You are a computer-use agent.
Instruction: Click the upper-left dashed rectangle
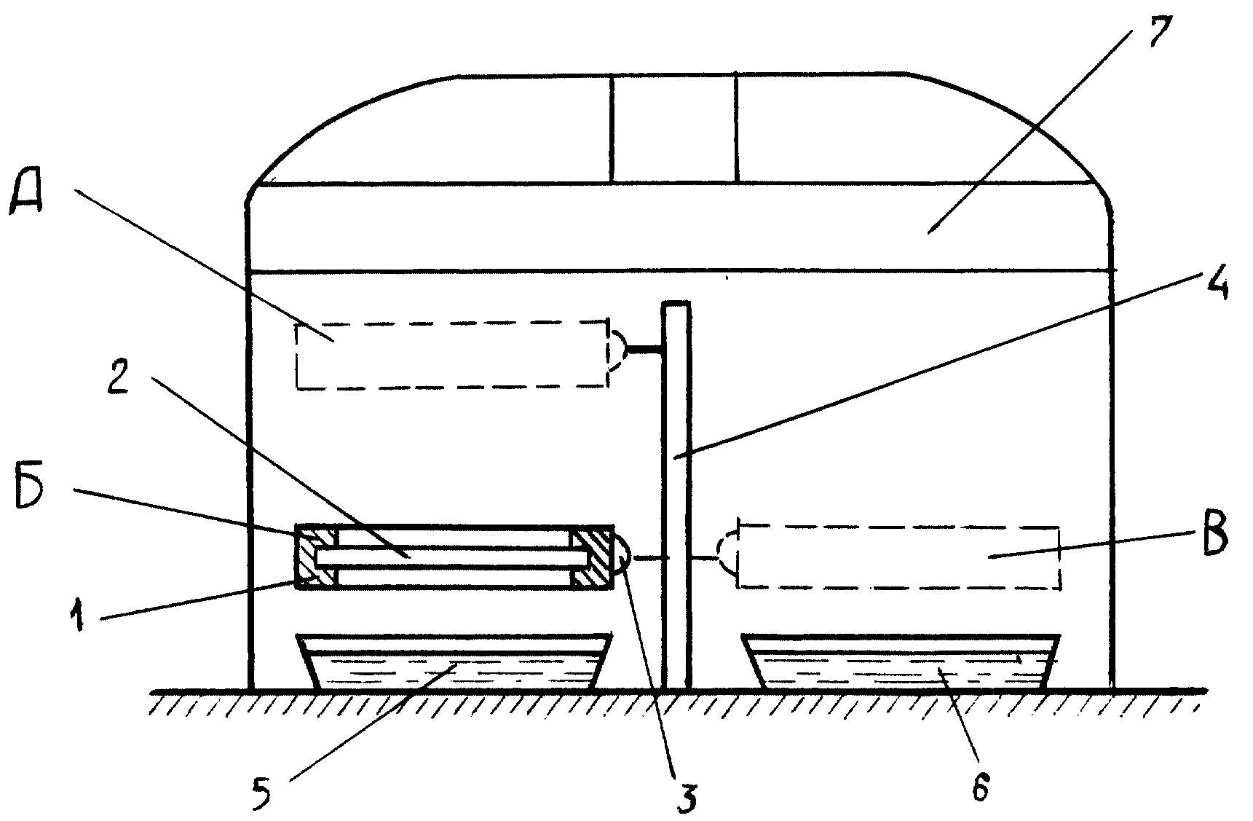point(451,355)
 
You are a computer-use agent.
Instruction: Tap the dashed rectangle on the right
point(898,556)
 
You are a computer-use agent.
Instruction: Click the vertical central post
point(676,495)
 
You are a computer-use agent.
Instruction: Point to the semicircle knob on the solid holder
point(622,557)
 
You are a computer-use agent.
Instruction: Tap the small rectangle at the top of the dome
point(673,127)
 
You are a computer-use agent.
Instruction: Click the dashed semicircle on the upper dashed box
point(617,351)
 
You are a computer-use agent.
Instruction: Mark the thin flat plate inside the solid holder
point(451,557)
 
